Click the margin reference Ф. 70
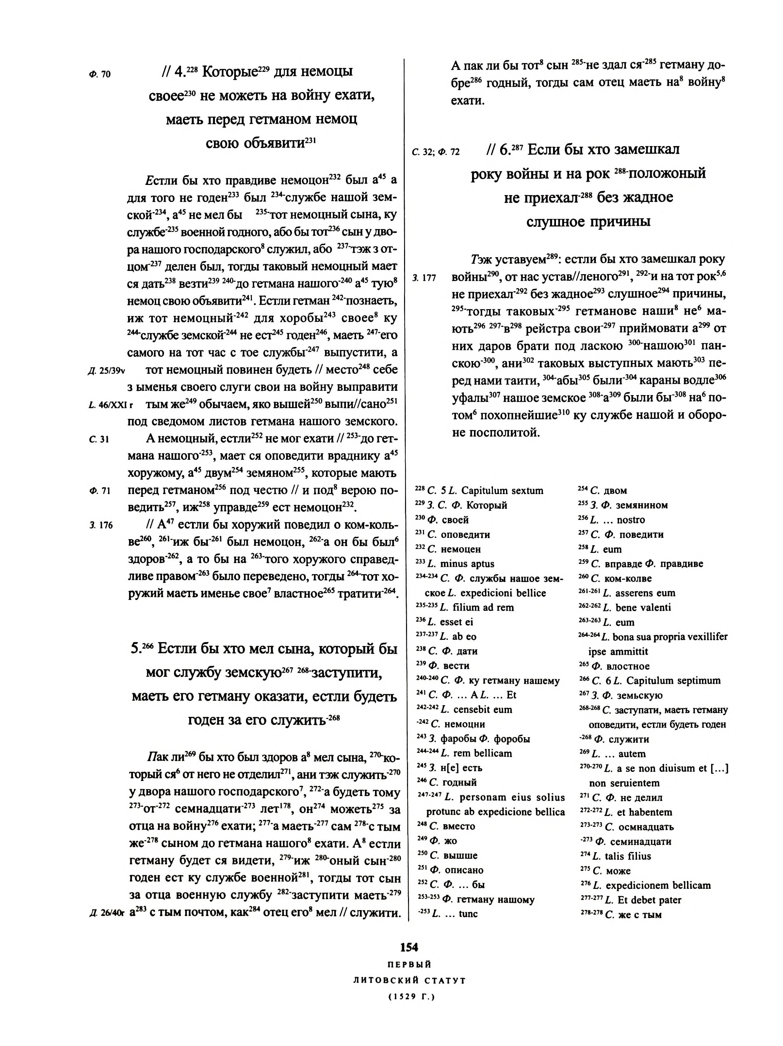click(x=100, y=74)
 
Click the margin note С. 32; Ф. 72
click(x=435, y=152)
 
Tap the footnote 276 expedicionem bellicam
click(x=645, y=885)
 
